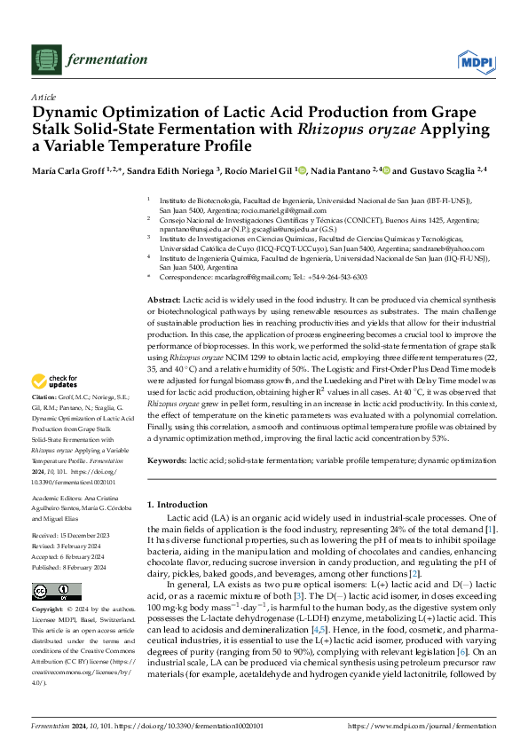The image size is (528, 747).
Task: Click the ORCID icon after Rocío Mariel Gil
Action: [x=304, y=170]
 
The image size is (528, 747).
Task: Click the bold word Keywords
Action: [x=168, y=461]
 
